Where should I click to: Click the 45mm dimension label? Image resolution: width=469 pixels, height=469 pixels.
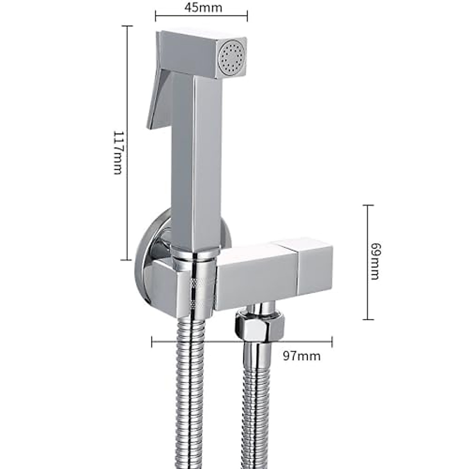[202, 7]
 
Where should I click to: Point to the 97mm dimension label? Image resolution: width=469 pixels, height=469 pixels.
[302, 356]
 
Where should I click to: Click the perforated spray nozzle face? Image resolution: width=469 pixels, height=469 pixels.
[232, 59]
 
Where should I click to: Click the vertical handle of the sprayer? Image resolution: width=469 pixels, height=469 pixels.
[195, 156]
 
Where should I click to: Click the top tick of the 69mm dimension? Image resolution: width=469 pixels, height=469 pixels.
[367, 205]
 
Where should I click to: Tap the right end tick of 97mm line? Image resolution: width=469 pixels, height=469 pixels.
[332, 342]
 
